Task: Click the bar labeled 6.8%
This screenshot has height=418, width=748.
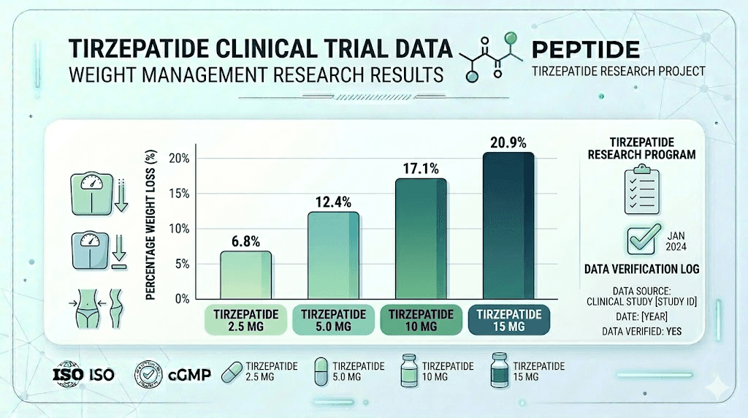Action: [245, 275]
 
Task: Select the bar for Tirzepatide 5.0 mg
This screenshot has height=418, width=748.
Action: [333, 256]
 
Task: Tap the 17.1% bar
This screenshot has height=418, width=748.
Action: [420, 239]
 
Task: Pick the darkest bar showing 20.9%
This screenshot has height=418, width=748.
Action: [508, 226]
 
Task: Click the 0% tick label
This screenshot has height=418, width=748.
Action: [182, 299]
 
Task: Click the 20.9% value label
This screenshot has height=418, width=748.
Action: [508, 142]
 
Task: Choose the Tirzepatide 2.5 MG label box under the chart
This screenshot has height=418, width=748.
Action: [245, 320]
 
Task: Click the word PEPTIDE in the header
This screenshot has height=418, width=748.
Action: [586, 50]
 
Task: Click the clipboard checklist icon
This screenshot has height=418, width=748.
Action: [640, 190]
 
